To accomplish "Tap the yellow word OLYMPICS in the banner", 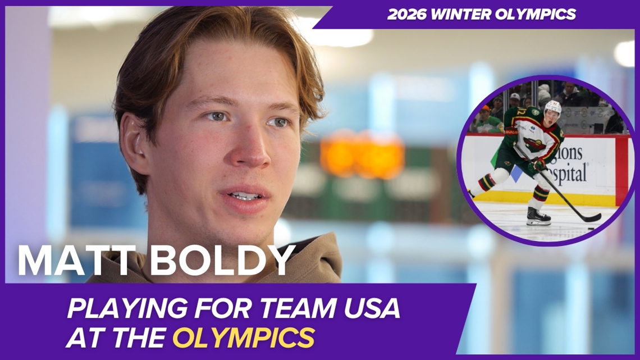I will click(243, 338).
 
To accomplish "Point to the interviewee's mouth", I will click(247, 196).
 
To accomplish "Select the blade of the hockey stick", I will click(589, 218).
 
